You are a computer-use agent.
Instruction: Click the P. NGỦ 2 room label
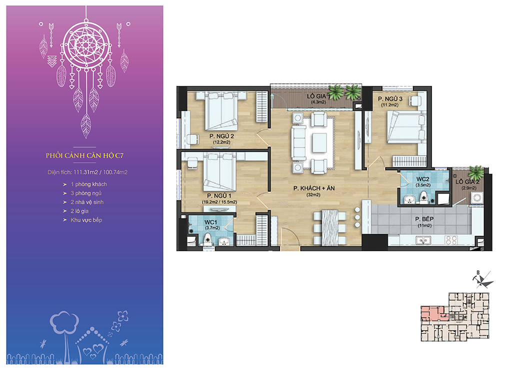[221, 136]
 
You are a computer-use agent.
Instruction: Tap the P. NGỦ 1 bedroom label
[219, 196]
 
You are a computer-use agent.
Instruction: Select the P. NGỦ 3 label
[390, 99]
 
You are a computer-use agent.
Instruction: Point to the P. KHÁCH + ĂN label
[314, 188]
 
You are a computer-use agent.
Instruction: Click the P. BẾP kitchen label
[424, 219]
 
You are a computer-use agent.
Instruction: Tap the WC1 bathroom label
[210, 222]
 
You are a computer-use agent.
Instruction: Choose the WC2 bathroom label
[423, 179]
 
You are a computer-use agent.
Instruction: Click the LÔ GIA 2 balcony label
[467, 182]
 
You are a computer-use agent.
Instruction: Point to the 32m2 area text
[313, 195]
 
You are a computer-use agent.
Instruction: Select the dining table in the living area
[329, 227]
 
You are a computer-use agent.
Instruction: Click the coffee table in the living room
[319, 142]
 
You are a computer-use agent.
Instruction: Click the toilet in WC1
[207, 240]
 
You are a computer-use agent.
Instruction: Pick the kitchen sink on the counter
[423, 241]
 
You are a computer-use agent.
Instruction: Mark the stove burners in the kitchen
[451, 240]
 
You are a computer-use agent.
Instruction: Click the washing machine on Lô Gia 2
[476, 198]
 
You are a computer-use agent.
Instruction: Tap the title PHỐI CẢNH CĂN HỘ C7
[84, 155]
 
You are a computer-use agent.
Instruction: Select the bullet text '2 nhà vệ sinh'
[87, 202]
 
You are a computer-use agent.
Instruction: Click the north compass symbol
[482, 280]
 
